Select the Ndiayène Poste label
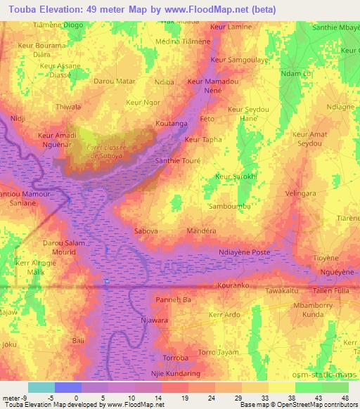click(245, 252)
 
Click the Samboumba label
click(229, 207)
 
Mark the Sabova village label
click(146, 230)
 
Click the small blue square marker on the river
click(106, 282)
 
